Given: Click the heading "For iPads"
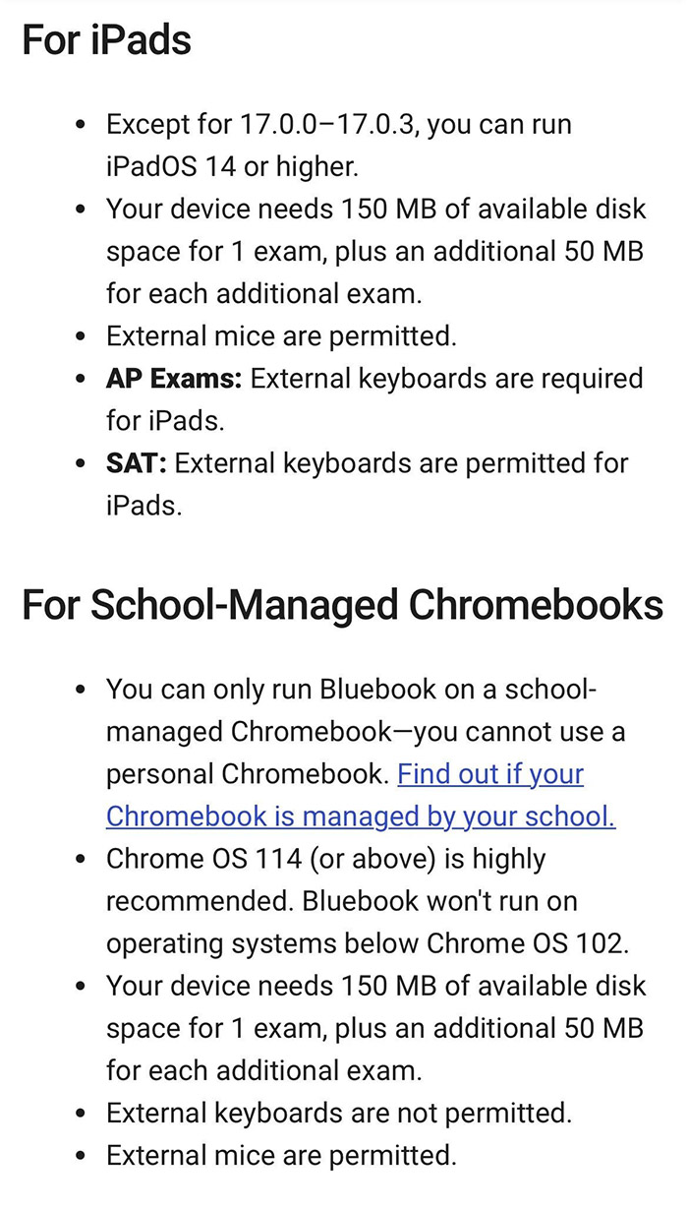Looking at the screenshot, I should click(x=106, y=40).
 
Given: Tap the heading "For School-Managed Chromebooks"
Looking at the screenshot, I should click(x=342, y=605).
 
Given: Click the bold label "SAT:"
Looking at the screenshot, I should click(x=137, y=463).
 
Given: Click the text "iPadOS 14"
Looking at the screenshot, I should click(x=171, y=167).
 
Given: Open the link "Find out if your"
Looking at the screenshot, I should click(x=489, y=774).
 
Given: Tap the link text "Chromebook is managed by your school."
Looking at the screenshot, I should click(x=361, y=816).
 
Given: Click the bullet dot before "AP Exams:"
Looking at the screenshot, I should click(x=82, y=380).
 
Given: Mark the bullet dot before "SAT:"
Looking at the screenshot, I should click(x=82, y=464).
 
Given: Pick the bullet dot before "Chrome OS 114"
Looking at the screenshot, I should click(x=82, y=860).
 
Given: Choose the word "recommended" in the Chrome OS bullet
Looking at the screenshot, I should click(x=199, y=901).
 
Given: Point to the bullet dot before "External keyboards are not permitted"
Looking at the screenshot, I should click(x=82, y=1114).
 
